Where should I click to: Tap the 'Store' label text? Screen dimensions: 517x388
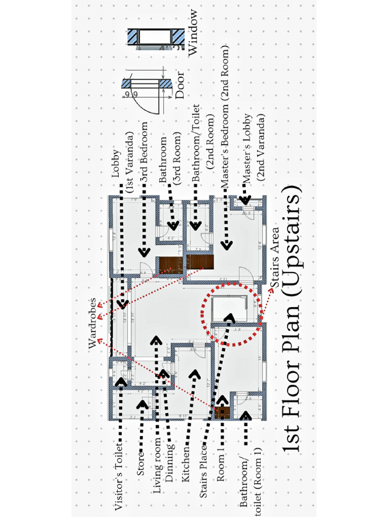click(x=141, y=463)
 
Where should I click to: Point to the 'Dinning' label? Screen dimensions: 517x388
click(x=170, y=467)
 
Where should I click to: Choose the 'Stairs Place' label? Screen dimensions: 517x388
click(x=204, y=470)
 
